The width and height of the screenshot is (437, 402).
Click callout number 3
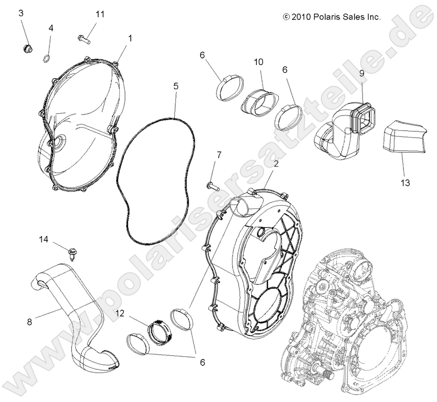coord(21,13)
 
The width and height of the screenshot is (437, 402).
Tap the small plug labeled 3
coord(24,49)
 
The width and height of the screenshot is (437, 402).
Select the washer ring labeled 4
coord(47,57)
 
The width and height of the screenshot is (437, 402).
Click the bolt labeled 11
coord(84,38)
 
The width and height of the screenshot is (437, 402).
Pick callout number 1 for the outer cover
coord(130,38)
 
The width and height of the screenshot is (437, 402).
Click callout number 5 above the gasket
coord(176,86)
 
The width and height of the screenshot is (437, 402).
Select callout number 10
coord(258,62)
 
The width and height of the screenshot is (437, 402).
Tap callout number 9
coord(362,74)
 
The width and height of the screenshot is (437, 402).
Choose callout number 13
coord(406,183)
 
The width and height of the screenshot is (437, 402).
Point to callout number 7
coord(219,155)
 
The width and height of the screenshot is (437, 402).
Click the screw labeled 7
coord(212,184)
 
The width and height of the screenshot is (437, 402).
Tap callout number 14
coord(43,239)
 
